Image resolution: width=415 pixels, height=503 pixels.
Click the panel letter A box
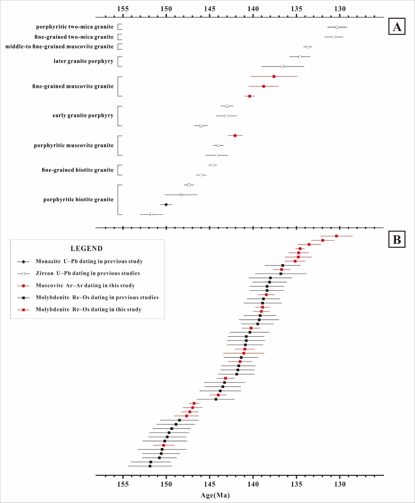coord(397,27)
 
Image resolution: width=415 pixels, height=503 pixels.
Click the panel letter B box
coord(397,239)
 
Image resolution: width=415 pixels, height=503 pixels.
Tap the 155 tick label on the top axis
coord(123,9)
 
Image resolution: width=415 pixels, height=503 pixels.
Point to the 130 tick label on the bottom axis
coord(340,484)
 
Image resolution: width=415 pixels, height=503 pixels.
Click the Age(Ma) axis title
coord(215,495)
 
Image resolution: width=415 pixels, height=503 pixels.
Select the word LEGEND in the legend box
coord(86,248)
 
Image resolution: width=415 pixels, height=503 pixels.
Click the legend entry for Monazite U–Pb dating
coord(89,261)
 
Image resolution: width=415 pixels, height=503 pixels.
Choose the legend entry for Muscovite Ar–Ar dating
coord(85,285)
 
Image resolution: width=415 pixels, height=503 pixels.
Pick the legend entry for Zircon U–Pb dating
coord(88,273)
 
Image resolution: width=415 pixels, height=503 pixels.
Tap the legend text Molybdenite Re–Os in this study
coord(88,309)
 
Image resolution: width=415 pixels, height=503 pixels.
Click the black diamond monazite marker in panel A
coord(166,204)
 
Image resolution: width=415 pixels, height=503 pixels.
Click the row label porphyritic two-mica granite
coord(75,27)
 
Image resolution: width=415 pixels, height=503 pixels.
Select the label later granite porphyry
coord(83,61)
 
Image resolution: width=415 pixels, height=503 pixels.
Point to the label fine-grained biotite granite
coord(78,170)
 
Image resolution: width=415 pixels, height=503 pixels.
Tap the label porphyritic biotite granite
coord(78,200)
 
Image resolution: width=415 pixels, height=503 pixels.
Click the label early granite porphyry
coord(83,115)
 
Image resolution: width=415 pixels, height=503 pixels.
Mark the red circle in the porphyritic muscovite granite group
coord(235,135)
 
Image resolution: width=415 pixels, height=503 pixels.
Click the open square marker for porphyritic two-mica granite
coord(337,27)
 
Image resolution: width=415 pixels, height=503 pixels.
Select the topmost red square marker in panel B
coord(336,236)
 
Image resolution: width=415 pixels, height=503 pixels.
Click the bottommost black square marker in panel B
coord(150,466)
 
